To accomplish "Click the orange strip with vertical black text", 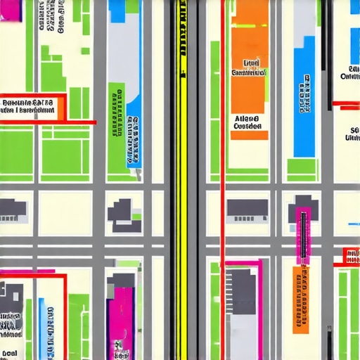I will (300, 299).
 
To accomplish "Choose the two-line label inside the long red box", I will (28, 106).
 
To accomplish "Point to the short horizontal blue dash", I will (354, 225).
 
